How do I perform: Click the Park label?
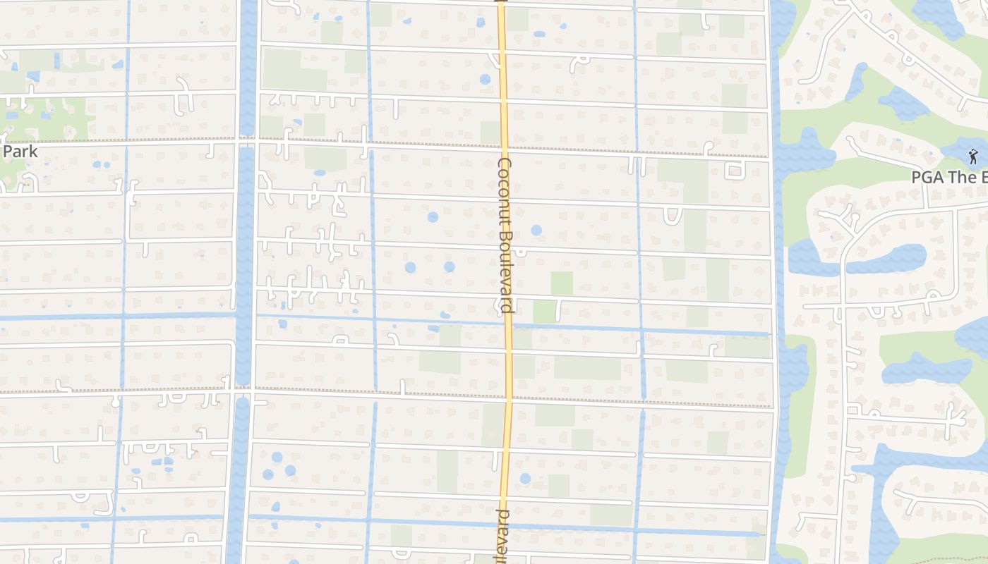[x=20, y=152]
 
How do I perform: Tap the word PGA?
[x=927, y=177]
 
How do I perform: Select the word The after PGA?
[x=960, y=177]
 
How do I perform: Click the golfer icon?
[x=973, y=157]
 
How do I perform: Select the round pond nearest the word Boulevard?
[x=536, y=230]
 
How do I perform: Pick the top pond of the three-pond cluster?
[x=277, y=458]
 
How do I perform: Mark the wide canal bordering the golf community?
[x=778, y=282]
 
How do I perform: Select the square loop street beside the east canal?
[x=734, y=170]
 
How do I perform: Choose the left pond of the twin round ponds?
[x=410, y=267]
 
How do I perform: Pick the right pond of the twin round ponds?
[x=449, y=266]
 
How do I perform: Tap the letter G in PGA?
[x=928, y=177]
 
